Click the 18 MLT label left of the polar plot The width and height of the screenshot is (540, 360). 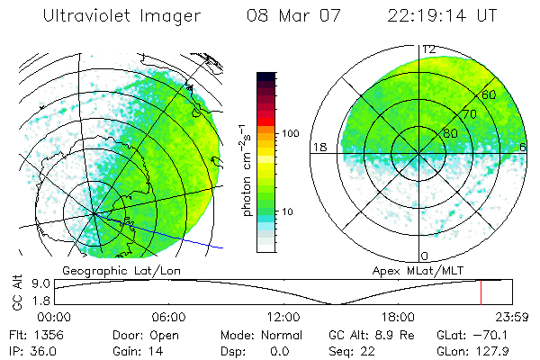(x=318, y=147)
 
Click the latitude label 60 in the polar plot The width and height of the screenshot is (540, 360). (x=489, y=94)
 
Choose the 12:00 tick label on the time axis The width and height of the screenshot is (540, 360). (x=283, y=317)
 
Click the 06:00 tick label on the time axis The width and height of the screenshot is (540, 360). (x=168, y=317)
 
